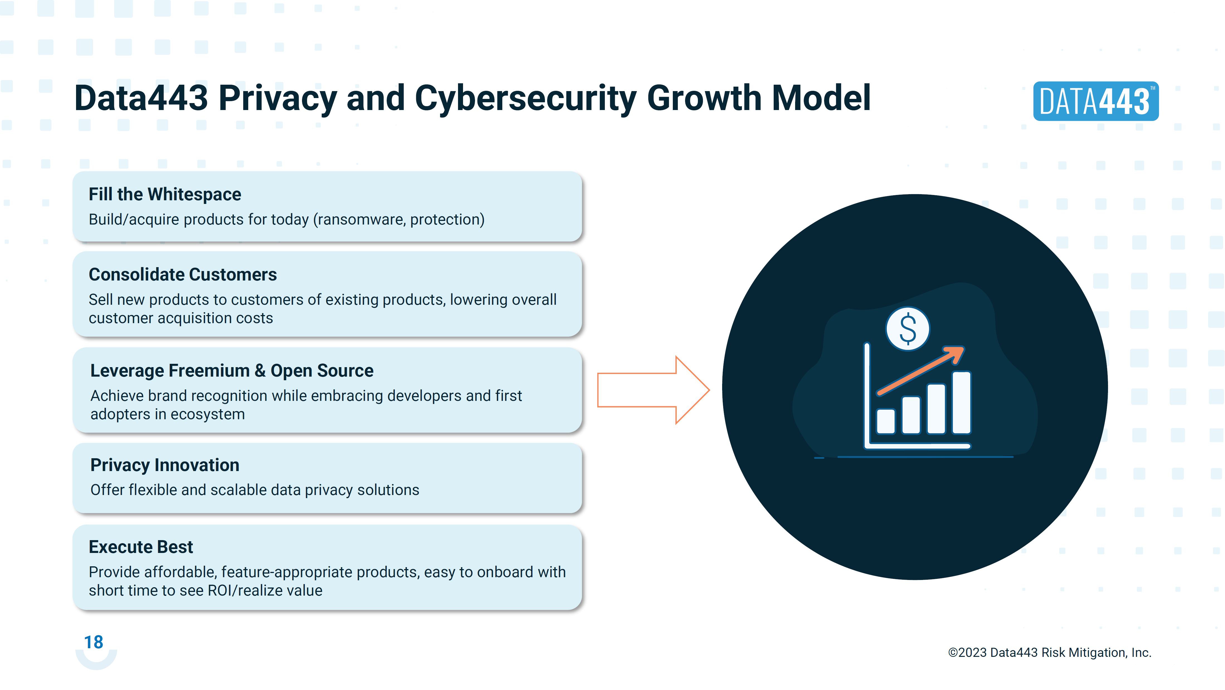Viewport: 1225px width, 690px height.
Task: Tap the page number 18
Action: (x=94, y=642)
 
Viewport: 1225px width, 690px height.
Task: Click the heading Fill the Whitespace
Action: (x=165, y=194)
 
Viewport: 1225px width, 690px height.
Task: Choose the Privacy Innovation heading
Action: (x=165, y=465)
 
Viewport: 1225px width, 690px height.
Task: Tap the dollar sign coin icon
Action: (x=908, y=329)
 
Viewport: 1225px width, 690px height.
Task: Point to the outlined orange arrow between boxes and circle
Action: (x=653, y=390)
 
